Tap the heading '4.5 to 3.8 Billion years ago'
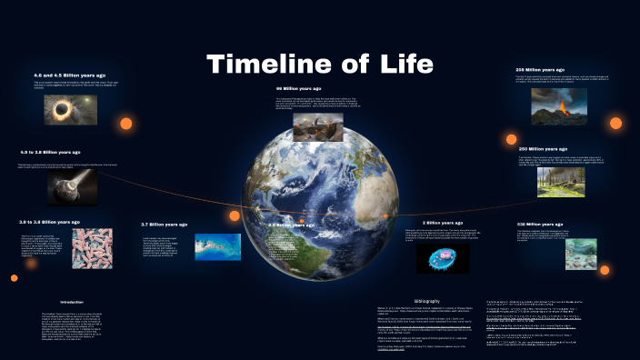tap(50, 152)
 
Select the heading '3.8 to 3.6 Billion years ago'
tap(50, 221)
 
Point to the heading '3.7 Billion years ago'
tap(165, 224)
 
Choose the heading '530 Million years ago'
tap(541, 223)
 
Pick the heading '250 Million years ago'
tap(542, 148)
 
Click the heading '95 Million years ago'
tap(300, 88)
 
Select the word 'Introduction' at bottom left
tap(72, 301)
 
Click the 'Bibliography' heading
tap(426, 300)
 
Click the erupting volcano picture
tap(557, 105)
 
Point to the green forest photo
tap(557, 181)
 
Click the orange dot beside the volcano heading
tap(615, 123)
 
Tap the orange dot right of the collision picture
tap(126, 123)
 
